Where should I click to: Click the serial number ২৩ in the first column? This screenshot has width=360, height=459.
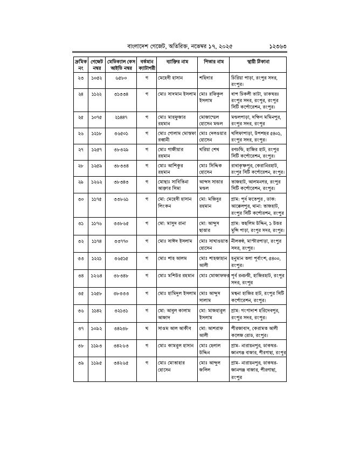(80, 78)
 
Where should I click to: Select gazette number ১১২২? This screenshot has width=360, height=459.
(96, 94)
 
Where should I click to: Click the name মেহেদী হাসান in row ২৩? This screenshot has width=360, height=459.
(172, 78)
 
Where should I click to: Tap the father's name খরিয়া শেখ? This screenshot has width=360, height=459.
(211, 149)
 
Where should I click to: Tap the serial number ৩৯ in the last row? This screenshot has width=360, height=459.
(80, 364)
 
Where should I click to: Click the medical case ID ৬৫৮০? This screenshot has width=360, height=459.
(121, 78)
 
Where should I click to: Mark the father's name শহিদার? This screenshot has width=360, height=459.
(206, 78)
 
